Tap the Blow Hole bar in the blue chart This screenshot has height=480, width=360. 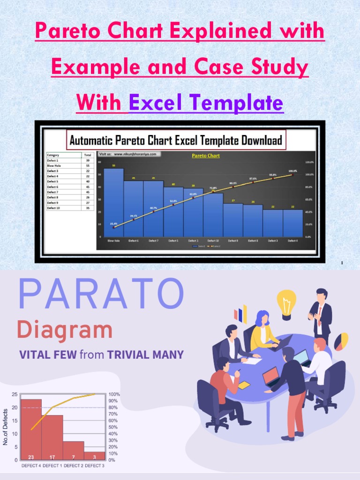113,202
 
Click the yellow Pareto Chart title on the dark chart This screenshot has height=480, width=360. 206,155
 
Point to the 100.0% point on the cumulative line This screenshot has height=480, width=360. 292,174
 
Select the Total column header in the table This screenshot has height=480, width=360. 88,155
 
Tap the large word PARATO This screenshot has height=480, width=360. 101,294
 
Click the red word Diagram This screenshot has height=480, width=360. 65,330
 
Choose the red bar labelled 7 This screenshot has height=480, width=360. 74,450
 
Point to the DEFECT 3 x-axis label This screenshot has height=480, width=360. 94,465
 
